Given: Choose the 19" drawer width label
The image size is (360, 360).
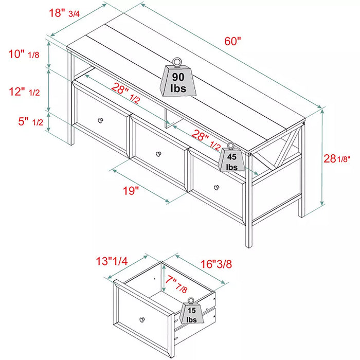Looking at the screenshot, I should click(x=131, y=191).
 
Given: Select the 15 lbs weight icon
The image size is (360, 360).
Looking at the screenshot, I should click(x=191, y=313).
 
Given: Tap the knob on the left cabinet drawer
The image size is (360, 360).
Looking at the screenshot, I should click(x=100, y=121).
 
